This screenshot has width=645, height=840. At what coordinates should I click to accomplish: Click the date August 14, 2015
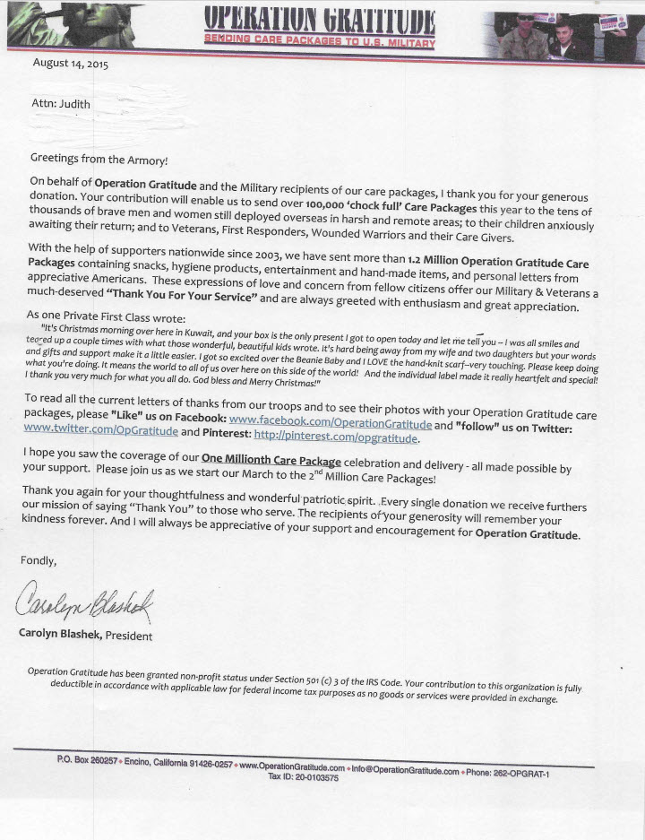coord(71,64)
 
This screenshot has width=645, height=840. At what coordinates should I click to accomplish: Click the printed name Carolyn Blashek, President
coord(85,636)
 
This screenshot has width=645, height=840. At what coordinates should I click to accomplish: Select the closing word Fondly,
coord(39,560)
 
